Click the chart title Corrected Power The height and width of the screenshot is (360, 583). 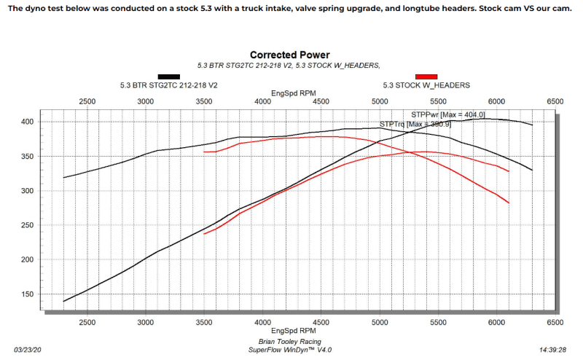pyautogui.click(x=290, y=55)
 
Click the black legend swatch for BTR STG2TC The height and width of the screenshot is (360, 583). pyautogui.click(x=169, y=76)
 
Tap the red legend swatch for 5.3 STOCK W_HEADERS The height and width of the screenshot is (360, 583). pyautogui.click(x=426, y=76)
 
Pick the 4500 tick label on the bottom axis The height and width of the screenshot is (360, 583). pyautogui.click(x=321, y=321)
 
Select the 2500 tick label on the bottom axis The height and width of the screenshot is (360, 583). pyautogui.click(x=87, y=321)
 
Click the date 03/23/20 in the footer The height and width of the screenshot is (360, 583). pyautogui.click(x=30, y=350)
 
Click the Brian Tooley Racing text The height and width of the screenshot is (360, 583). pyautogui.click(x=290, y=341)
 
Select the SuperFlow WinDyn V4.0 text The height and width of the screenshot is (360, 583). pyautogui.click(x=290, y=350)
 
